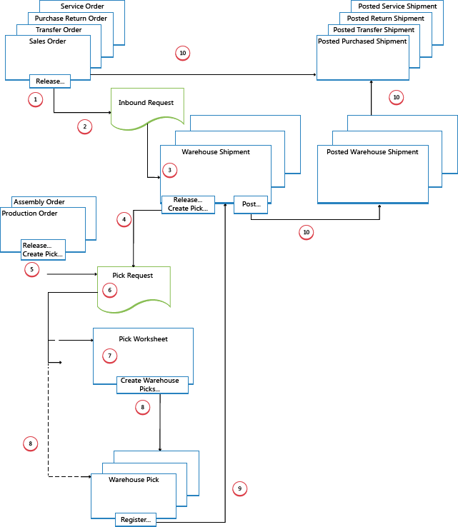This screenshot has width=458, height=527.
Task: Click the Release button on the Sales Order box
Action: [x=50, y=81]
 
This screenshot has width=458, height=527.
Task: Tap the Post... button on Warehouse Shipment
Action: [x=251, y=204]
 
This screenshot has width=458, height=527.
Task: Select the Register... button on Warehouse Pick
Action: [x=136, y=520]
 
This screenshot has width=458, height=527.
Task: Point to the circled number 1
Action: [x=36, y=99]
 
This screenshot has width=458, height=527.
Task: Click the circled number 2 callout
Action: [x=84, y=126]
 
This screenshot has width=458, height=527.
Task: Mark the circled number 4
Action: [x=124, y=220]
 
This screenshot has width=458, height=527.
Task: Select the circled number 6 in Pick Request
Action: [x=109, y=290]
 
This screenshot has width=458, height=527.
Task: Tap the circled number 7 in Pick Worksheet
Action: [x=109, y=355]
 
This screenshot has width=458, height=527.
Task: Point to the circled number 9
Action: [x=239, y=488]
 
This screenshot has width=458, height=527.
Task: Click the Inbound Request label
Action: [x=146, y=103]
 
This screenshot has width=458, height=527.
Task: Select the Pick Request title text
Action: [x=133, y=276]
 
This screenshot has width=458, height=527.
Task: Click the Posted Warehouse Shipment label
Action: [x=372, y=152]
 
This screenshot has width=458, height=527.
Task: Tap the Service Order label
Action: [x=82, y=6]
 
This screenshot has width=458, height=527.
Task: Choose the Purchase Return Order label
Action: [x=71, y=18]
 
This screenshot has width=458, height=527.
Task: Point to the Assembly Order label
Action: [x=39, y=202]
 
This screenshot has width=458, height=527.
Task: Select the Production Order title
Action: [x=30, y=214]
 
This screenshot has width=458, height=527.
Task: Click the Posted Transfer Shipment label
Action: [x=374, y=30]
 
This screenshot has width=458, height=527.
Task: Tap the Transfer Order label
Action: [x=59, y=30]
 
